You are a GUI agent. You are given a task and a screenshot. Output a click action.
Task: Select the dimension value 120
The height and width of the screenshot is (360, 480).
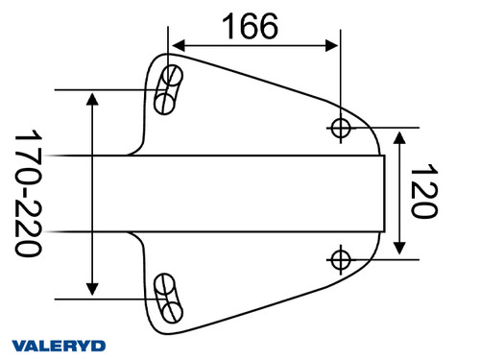coord(423,192)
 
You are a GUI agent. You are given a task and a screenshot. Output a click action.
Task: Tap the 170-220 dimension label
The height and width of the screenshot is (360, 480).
coord(29,193)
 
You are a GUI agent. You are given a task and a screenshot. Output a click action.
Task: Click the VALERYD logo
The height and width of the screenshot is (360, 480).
coord(59,345)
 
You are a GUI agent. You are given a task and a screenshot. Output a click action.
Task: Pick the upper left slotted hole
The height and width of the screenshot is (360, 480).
coord(168,88)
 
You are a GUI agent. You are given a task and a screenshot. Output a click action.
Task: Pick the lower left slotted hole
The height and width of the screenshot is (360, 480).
coord(169,297)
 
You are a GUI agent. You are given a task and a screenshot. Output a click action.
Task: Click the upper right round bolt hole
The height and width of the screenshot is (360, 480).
coord(342,126)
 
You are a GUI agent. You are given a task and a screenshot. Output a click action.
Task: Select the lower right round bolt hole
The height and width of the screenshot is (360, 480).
coord(342,257)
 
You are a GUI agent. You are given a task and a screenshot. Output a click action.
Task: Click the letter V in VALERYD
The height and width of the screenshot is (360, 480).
coord(18,345)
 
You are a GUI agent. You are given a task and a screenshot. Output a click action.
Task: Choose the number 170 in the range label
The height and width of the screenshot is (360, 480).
coord(29,154)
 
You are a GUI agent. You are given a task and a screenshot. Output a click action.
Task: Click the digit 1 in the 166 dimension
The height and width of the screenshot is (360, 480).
coord(228,26)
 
